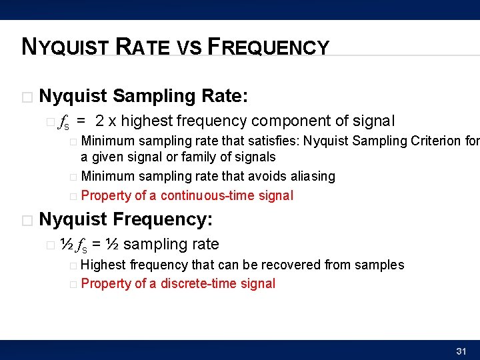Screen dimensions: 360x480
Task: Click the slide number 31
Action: pyautogui.click(x=460, y=351)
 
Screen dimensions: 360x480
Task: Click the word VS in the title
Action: pyautogui.click(x=188, y=48)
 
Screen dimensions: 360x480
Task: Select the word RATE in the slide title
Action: pyautogui.click(x=143, y=47)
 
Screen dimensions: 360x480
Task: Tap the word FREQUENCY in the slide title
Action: pyautogui.click(x=269, y=47)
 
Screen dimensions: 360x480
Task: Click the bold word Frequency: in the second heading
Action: pyautogui.click(x=163, y=219)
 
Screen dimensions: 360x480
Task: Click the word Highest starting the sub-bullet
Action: pyautogui.click(x=103, y=265)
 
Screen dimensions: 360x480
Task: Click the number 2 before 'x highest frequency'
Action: pyautogui.click(x=99, y=121)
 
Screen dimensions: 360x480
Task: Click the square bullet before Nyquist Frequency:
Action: pyautogui.click(x=27, y=220)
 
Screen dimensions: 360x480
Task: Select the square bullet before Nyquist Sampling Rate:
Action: pyautogui.click(x=27, y=97)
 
